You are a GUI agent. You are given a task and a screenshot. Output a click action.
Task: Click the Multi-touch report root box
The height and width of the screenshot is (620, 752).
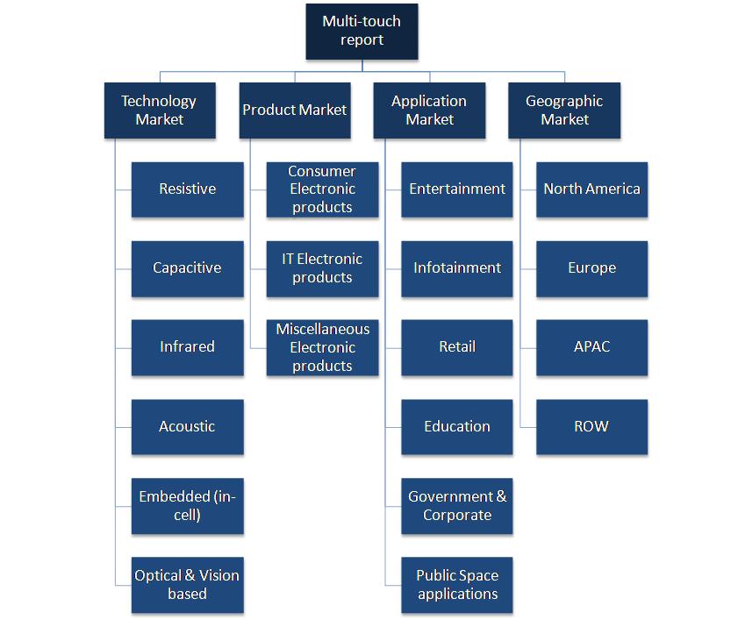(x=362, y=32)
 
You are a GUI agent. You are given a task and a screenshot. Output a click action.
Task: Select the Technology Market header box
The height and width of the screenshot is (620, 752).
(x=160, y=110)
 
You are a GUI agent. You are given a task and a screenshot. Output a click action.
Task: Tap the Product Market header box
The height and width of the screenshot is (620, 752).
(x=295, y=110)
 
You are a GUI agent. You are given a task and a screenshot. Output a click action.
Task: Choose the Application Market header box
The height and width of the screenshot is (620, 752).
(x=429, y=110)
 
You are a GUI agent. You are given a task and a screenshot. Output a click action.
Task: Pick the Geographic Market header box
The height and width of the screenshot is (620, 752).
(x=564, y=110)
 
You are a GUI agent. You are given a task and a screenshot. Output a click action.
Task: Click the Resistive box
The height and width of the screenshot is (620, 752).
(x=187, y=189)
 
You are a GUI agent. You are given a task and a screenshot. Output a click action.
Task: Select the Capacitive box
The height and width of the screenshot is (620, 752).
(x=187, y=268)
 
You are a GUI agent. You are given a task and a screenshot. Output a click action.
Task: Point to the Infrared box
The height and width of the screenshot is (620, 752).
(x=187, y=347)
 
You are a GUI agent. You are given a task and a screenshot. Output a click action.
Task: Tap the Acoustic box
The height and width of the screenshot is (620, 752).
(x=187, y=427)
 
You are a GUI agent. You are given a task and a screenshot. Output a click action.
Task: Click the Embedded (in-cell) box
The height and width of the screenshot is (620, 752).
(x=187, y=506)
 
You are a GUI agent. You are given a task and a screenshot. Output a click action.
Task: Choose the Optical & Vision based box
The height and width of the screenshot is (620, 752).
(x=187, y=585)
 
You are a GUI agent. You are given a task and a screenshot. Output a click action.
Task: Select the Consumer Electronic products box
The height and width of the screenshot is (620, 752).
(x=322, y=189)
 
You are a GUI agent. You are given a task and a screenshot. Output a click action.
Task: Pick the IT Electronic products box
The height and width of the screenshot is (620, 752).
(x=322, y=268)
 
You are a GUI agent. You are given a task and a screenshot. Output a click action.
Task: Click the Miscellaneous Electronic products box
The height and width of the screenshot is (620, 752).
(x=322, y=347)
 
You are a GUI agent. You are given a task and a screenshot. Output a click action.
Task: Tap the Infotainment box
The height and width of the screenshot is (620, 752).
(x=457, y=268)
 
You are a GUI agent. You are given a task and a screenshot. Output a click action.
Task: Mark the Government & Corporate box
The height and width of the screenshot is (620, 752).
(x=457, y=506)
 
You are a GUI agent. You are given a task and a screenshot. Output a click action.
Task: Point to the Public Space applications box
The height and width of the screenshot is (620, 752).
(x=457, y=585)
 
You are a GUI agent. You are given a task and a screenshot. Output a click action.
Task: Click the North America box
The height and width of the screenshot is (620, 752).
(x=591, y=189)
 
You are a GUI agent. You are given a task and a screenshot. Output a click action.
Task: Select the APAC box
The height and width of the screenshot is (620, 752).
(x=591, y=347)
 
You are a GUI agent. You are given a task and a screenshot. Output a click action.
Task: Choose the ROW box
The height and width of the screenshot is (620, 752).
(x=591, y=427)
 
